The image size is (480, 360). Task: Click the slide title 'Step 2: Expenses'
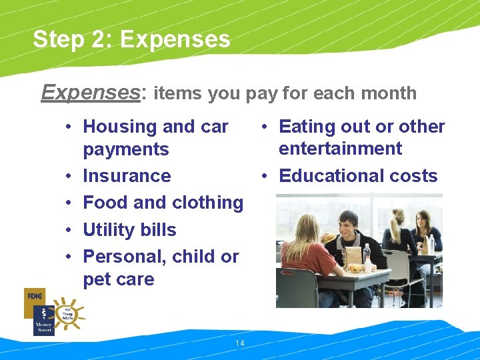[131, 39]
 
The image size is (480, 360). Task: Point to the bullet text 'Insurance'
[127, 176]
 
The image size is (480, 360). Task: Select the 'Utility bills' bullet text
[129, 230]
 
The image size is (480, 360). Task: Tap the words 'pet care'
[118, 279]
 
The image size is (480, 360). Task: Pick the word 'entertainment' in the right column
[340, 149]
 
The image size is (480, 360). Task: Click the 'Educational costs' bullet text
[358, 176]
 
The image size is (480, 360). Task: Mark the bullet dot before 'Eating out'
[265, 127]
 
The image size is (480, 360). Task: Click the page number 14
[240, 343]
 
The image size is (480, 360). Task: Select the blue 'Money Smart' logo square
[43, 321]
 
